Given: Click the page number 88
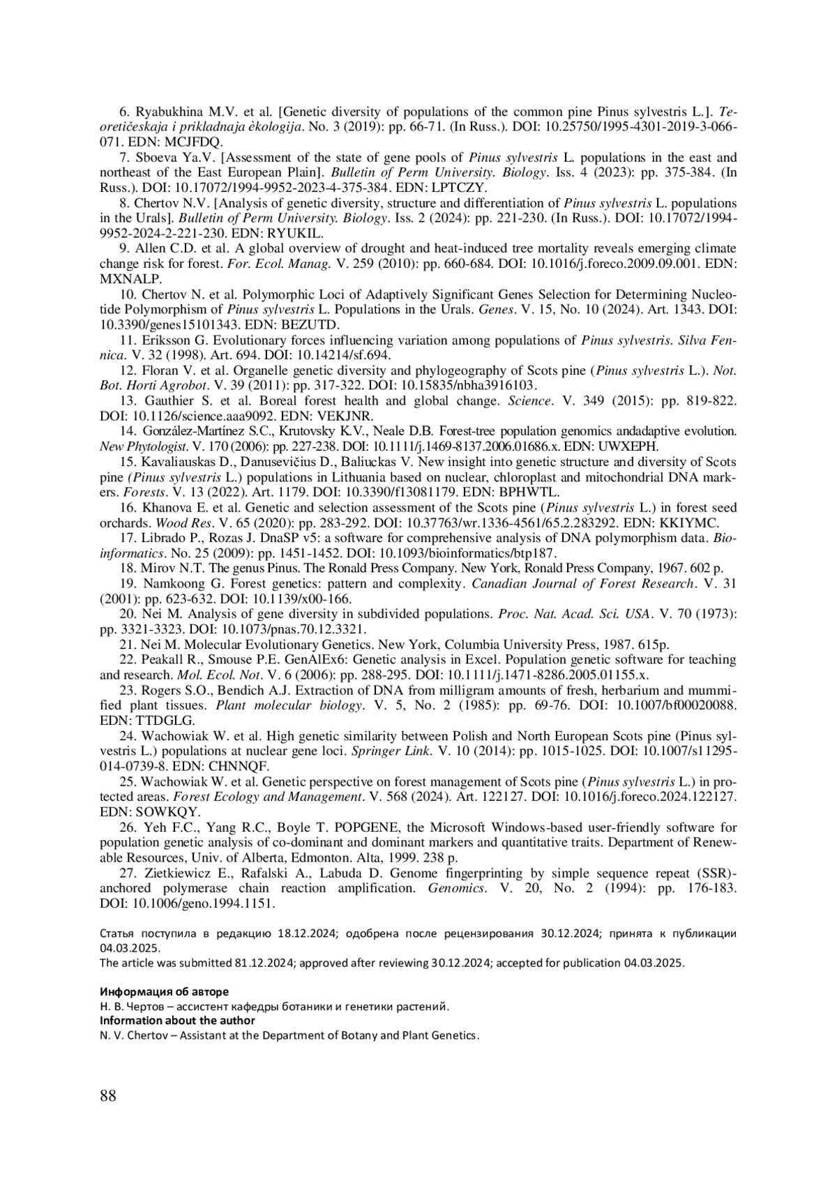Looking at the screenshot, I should point(108,1095).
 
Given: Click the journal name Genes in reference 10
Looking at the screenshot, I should point(495,309).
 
